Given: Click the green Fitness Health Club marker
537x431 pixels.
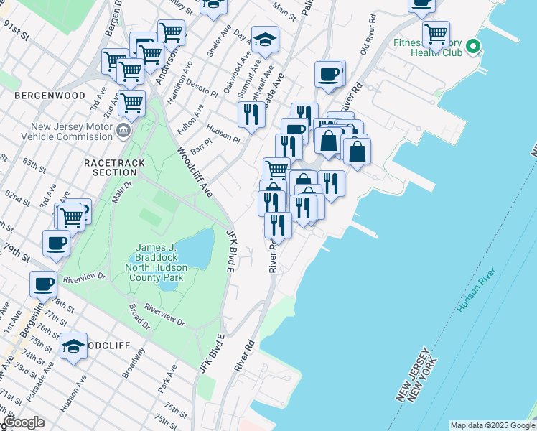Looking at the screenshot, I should click(x=472, y=48).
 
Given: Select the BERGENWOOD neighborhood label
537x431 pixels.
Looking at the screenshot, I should click(x=49, y=95).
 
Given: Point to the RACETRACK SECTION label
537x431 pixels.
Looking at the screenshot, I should click(x=114, y=169).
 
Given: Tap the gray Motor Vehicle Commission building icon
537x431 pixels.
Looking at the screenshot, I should click(x=123, y=129).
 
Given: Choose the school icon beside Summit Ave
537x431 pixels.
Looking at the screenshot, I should click(x=265, y=41).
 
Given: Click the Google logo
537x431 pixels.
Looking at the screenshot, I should click(x=23, y=422).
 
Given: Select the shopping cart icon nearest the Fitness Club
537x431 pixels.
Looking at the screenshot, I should click(x=436, y=33).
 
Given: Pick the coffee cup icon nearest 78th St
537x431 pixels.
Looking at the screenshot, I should click(x=43, y=283).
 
